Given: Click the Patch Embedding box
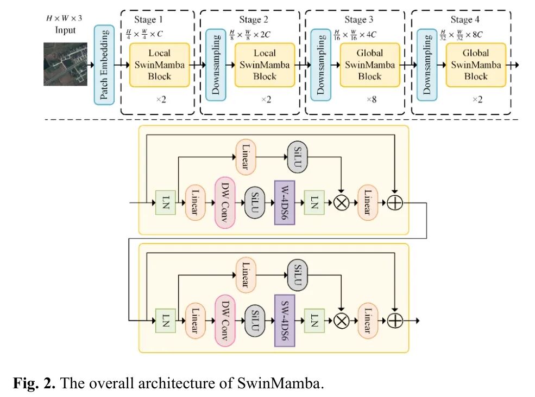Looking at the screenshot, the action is click(104, 65).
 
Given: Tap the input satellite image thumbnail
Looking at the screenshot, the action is click(66, 64).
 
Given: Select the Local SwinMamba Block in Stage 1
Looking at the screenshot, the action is click(159, 65).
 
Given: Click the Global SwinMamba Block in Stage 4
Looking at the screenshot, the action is click(476, 65).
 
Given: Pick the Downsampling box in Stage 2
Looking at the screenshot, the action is click(215, 65).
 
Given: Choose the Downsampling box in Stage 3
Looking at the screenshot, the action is click(320, 65).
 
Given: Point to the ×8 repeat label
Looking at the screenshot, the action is click(372, 99).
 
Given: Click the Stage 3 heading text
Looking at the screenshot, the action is click(358, 20).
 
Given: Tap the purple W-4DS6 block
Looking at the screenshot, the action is click(285, 203).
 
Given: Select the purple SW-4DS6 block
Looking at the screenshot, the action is click(285, 321).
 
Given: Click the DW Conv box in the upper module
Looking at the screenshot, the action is click(225, 203).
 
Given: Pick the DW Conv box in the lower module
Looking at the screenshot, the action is click(225, 321).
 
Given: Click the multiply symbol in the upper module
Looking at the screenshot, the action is click(341, 203).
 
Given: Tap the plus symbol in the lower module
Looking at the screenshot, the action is click(395, 321).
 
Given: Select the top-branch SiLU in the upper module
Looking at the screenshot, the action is click(298, 157).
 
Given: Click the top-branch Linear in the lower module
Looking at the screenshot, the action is click(246, 275).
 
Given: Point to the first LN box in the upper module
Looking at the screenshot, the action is click(166, 203).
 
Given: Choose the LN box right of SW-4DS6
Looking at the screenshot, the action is click(314, 321).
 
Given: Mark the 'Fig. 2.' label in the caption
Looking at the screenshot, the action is click(34, 383).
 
